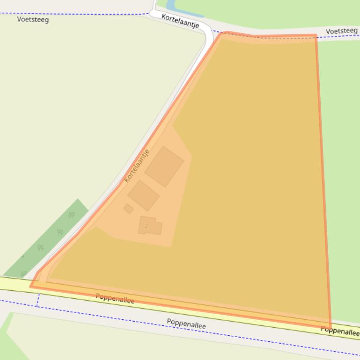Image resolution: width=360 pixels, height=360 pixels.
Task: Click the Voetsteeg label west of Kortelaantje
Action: [33, 19]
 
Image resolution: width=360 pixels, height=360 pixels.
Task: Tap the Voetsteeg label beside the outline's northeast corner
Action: [341, 31]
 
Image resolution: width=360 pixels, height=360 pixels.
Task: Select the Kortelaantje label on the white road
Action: [180, 21]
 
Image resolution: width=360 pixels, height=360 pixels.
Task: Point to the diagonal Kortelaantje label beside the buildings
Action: [137, 166]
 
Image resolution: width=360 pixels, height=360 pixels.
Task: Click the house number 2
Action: [146, 226]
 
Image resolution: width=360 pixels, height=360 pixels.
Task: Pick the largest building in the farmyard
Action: [164, 166]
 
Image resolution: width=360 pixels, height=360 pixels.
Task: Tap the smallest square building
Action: [128, 208]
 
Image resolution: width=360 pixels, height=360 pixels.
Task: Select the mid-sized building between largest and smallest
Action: [143, 195]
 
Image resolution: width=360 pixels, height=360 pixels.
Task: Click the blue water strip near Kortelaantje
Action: [170, 6]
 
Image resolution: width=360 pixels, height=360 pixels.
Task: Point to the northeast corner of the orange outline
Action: [316, 36]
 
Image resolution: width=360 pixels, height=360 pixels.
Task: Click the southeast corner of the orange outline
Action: [330, 327]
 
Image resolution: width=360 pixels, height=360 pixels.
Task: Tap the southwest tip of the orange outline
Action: [31, 286]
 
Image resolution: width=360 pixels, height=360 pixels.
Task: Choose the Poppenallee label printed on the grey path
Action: [186, 324]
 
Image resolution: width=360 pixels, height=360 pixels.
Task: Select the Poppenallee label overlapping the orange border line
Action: [115, 298]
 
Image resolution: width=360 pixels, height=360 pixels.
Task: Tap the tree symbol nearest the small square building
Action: [71, 216]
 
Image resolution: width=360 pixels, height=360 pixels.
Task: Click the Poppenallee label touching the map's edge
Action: [340, 331]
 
